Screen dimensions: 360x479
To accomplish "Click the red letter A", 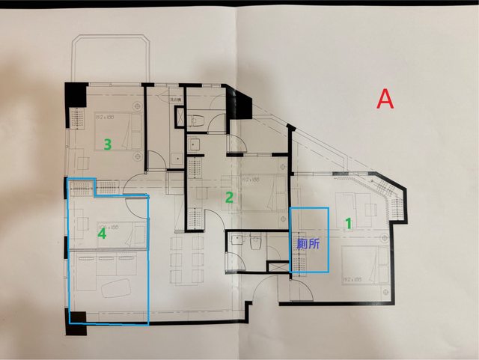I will [x=385, y=100].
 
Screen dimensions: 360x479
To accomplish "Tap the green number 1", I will [x=347, y=222].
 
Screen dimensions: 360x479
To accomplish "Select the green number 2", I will [x=230, y=198].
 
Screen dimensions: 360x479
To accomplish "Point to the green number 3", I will [x=108, y=144].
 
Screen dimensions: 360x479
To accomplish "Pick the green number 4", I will [x=103, y=234].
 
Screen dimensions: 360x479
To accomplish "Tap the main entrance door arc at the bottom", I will [x=266, y=288].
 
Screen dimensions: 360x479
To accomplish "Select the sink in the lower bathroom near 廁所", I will [x=237, y=240].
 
